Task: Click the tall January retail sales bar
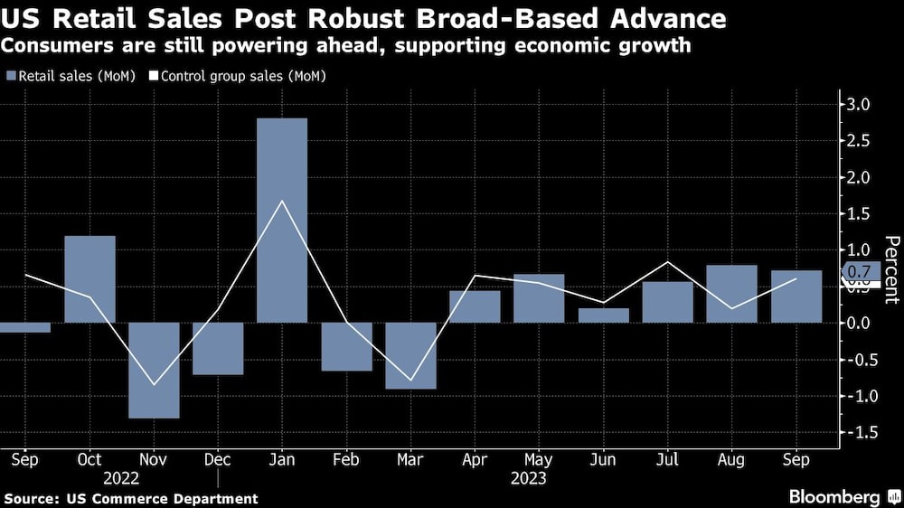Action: tap(282, 221)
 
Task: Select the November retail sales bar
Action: tap(154, 370)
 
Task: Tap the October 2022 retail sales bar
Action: tap(89, 278)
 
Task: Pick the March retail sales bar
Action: tap(410, 355)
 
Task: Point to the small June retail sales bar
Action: tap(603, 315)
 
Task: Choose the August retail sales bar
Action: tap(731, 294)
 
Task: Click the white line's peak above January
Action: tap(282, 201)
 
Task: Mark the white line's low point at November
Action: tap(154, 384)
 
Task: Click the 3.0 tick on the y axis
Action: tap(858, 105)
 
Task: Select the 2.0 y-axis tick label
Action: tap(858, 177)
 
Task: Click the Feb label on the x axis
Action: tap(346, 459)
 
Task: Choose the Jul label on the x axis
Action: tap(667, 459)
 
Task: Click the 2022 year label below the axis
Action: tap(121, 476)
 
